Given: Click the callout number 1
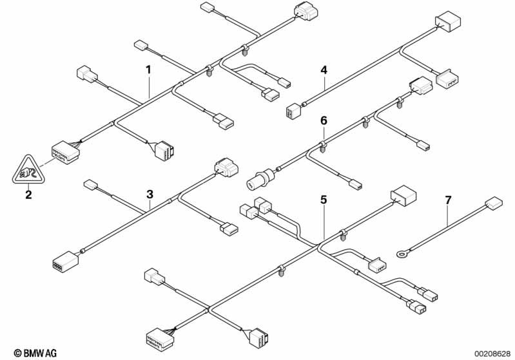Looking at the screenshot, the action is tap(148, 70).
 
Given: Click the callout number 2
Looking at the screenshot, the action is tap(28, 194).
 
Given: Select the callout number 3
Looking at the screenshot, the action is tap(150, 194).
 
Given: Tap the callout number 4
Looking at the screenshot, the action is tap(324, 70).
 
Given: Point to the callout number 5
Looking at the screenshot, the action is tap(324, 200).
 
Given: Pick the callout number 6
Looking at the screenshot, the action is tap(324, 121).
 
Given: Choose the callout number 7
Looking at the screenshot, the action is tap(449, 200).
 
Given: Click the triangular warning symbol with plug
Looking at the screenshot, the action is tap(28, 170).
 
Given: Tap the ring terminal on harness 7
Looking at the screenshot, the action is tap(401, 253).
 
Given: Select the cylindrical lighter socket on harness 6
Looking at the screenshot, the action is tap(260, 178).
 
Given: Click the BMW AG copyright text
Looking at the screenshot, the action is tap(35, 353).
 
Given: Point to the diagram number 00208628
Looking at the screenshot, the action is tap(492, 354).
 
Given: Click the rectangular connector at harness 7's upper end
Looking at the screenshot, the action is tap(494, 202).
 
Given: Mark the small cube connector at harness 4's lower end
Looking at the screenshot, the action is tap(291, 111).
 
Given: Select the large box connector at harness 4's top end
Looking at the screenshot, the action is tap(448, 21).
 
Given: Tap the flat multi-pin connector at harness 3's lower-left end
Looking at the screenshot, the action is tap(66, 261).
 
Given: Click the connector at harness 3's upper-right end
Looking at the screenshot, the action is tap(226, 167).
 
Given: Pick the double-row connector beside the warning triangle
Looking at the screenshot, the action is tap(65, 152).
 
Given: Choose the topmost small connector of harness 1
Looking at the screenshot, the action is tap(207, 7).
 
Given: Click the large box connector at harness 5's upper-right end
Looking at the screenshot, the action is tap(403, 196).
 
